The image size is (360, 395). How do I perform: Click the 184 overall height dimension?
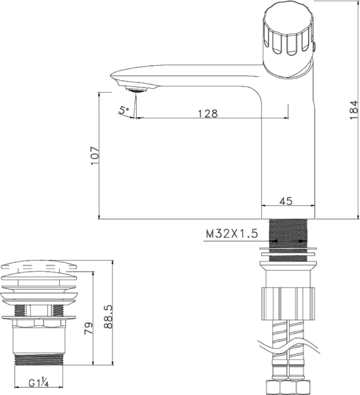pos(353,109)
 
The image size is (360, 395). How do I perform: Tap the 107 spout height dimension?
pos(94,155)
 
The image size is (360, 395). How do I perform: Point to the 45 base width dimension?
pos(286,201)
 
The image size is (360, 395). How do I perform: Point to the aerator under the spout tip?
pos(138,88)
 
